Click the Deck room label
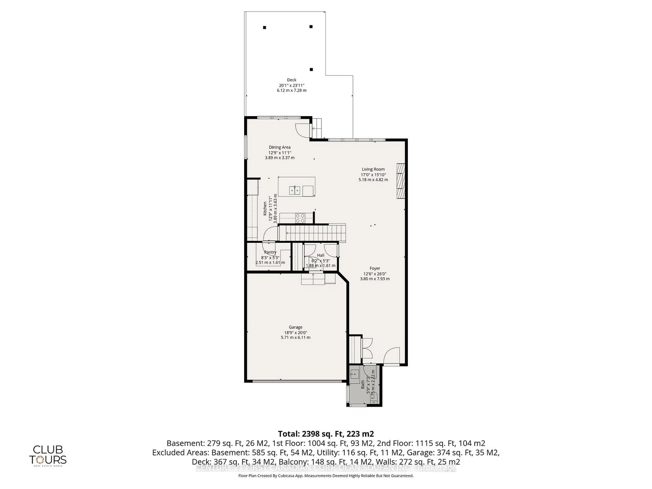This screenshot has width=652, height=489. (x=291, y=80)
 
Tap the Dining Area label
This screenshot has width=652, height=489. (x=280, y=148)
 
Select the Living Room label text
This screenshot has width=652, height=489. (x=373, y=169)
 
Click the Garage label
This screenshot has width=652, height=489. (x=296, y=327)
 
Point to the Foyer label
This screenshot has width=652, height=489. (x=375, y=269)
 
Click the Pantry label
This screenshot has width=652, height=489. (x=270, y=252)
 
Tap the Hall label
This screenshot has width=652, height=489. (x=321, y=256)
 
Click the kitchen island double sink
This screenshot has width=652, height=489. (x=295, y=190)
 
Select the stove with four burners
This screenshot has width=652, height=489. (x=301, y=218)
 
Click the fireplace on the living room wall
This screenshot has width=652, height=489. (x=401, y=180)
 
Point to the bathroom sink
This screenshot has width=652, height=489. (x=355, y=372)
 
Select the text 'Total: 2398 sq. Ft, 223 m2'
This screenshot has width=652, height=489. (x=326, y=434)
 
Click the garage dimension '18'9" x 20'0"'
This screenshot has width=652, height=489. (x=296, y=333)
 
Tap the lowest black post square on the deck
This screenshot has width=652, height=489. (x=311, y=70)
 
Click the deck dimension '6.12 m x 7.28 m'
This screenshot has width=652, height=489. (x=291, y=90)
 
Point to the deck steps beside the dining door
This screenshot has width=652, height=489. (x=317, y=129)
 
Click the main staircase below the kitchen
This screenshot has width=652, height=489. (x=312, y=233)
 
